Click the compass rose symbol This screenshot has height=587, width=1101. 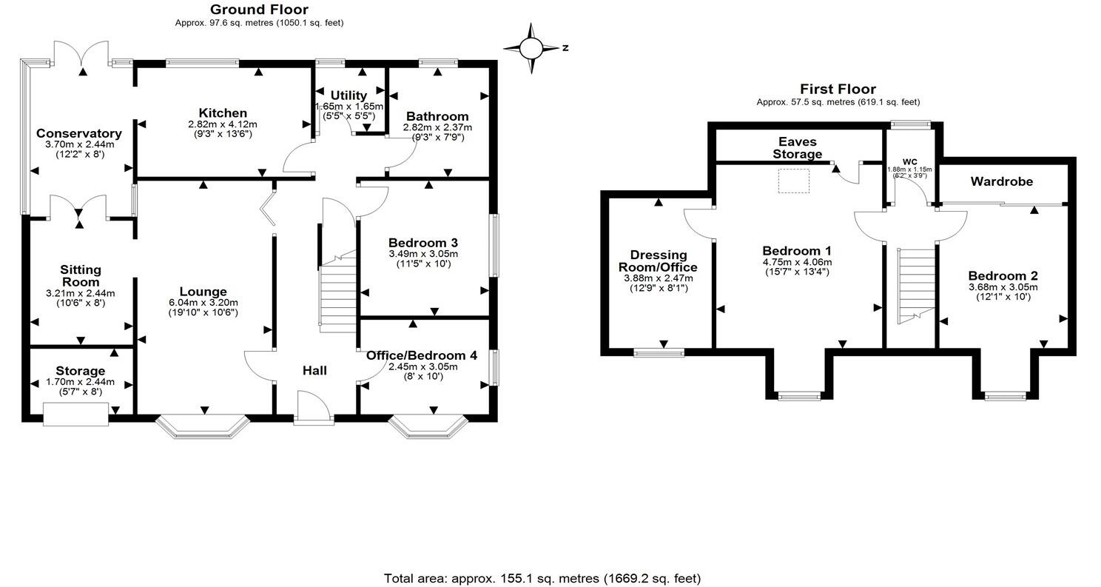tap(531, 48)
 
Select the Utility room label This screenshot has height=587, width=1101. tap(349, 95)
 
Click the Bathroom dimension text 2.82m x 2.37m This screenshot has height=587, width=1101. tap(437, 127)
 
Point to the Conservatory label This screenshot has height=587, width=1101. tap(79, 134)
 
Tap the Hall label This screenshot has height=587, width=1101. tap(314, 370)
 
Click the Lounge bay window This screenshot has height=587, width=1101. tap(203, 428)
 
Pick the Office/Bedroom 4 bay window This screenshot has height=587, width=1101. tap(429, 428)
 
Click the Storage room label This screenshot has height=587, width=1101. tap(81, 371)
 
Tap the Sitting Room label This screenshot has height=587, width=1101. tap(81, 276)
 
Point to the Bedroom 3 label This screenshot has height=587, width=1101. tap(423, 243)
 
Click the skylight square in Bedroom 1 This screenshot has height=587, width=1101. tap(793, 181)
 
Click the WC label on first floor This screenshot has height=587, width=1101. tap(909, 161)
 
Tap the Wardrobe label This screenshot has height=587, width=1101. tap(1002, 181)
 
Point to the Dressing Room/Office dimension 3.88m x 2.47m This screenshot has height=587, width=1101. tap(659, 278)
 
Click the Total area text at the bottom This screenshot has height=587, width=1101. tap(542, 578)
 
